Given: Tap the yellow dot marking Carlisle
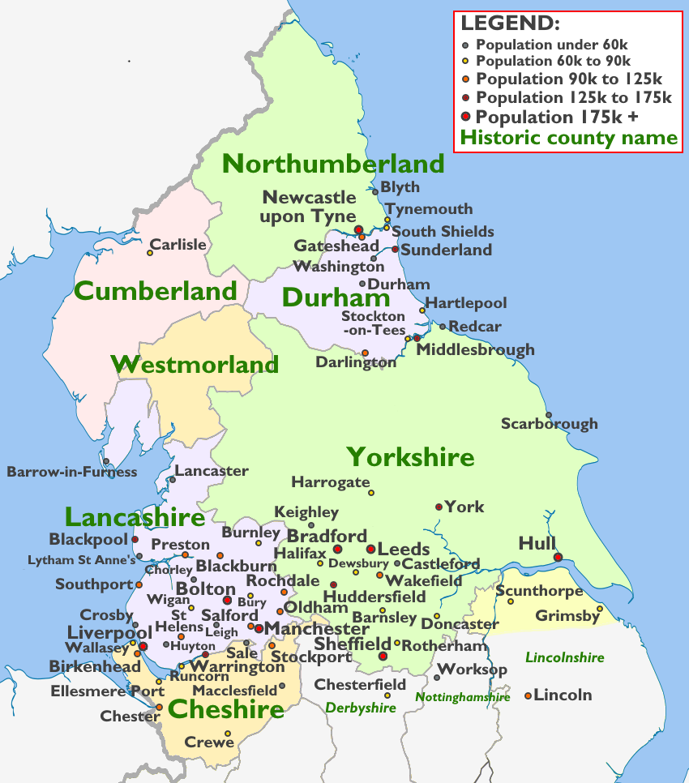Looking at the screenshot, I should point(150,253).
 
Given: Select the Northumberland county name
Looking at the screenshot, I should point(333,164).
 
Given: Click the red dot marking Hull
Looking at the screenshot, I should point(558,557).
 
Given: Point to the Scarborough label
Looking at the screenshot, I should point(549,424).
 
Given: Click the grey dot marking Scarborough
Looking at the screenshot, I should point(549,415).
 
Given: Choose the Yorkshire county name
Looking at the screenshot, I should point(410,457).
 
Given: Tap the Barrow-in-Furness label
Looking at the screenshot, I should point(72,472).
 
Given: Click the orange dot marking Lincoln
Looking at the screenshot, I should point(529,695).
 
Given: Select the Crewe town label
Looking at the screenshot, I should point(209,742).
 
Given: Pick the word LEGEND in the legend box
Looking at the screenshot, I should point(510,23).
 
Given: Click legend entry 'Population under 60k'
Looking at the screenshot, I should point(552,45).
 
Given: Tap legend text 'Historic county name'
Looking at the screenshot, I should point(568,137).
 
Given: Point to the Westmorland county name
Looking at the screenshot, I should point(195,364).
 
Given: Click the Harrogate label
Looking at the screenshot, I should point(330,482).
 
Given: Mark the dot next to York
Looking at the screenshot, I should point(439,507).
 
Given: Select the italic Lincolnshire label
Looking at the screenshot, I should point(564,657).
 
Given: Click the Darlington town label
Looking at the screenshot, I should point(356,362).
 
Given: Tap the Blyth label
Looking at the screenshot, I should point(400,187).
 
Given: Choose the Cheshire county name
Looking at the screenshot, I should point(226,710).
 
